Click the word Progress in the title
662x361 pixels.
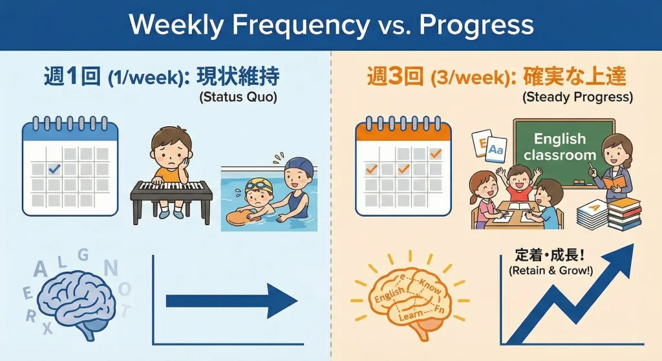tap(476, 26)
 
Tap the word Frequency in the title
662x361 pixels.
tap(301, 26)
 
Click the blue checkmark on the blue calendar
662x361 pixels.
tap(54, 169)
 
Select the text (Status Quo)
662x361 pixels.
tap(238, 97)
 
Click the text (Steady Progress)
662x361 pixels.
tap(577, 97)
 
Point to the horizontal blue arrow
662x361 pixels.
tap(232, 301)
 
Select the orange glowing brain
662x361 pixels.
tap(409, 301)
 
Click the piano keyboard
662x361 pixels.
tap(171, 187)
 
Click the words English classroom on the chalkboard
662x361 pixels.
tap(560, 147)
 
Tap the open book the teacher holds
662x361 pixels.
tap(614, 182)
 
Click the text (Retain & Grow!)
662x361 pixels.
tap(551, 270)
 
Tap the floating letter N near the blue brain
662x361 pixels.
tap(111, 268)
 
